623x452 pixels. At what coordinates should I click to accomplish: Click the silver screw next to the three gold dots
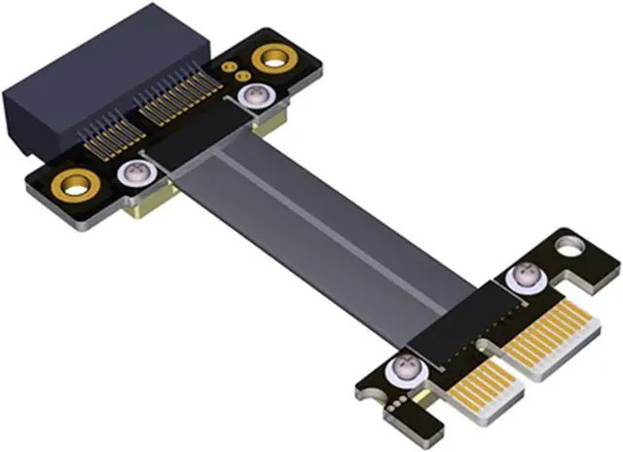(256, 96)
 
